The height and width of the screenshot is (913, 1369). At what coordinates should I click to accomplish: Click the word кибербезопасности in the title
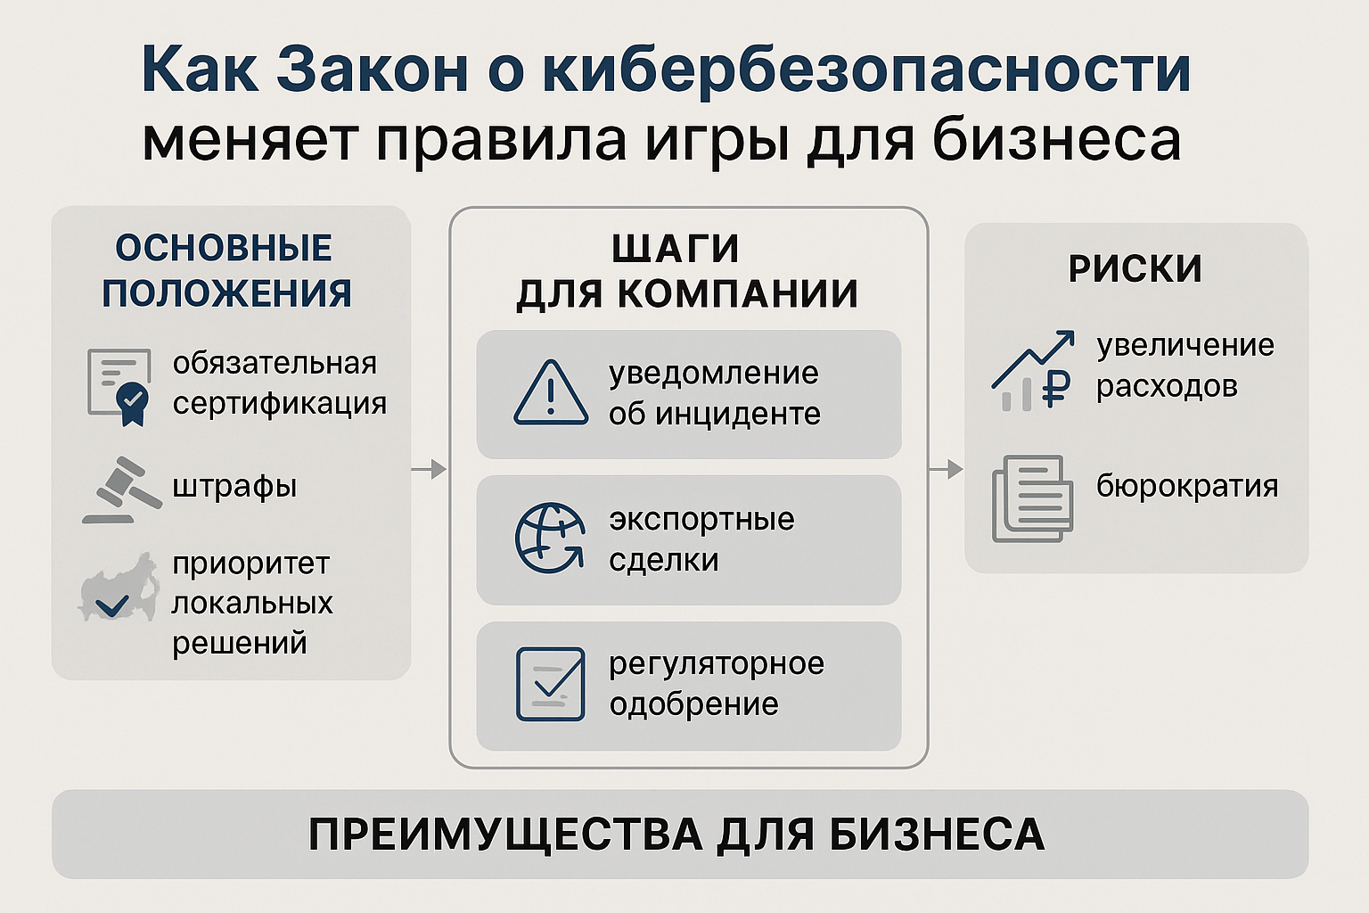tap(866, 70)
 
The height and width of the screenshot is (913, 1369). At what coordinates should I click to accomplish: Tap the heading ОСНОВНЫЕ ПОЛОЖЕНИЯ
tap(225, 271)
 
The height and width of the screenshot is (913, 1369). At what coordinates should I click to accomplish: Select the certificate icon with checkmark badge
tap(120, 386)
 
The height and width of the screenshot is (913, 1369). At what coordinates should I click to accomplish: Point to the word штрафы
tap(234, 487)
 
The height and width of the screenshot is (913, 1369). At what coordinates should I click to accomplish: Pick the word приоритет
tap(250, 563)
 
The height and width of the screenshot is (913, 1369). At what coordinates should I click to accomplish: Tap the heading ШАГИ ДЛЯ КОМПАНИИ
tap(687, 271)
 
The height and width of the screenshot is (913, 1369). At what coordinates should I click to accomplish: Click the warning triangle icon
tap(551, 393)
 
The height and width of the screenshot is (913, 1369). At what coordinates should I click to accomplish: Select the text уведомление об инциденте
tap(714, 393)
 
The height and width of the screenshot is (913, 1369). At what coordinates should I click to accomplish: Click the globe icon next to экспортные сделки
tap(550, 539)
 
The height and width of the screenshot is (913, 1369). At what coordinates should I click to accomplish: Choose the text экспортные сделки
tap(701, 539)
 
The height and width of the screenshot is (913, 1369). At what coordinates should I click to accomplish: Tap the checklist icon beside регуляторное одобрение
tap(551, 684)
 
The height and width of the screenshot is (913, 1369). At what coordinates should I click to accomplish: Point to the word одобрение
tap(693, 704)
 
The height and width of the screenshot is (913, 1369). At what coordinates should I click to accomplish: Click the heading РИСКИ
tap(1135, 269)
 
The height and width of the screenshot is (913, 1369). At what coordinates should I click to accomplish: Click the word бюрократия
tap(1186, 486)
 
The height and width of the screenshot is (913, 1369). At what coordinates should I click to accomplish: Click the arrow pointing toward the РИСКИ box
tap(946, 469)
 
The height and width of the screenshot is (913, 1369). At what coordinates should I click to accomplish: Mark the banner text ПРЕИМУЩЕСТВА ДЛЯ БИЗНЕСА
tap(676, 835)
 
